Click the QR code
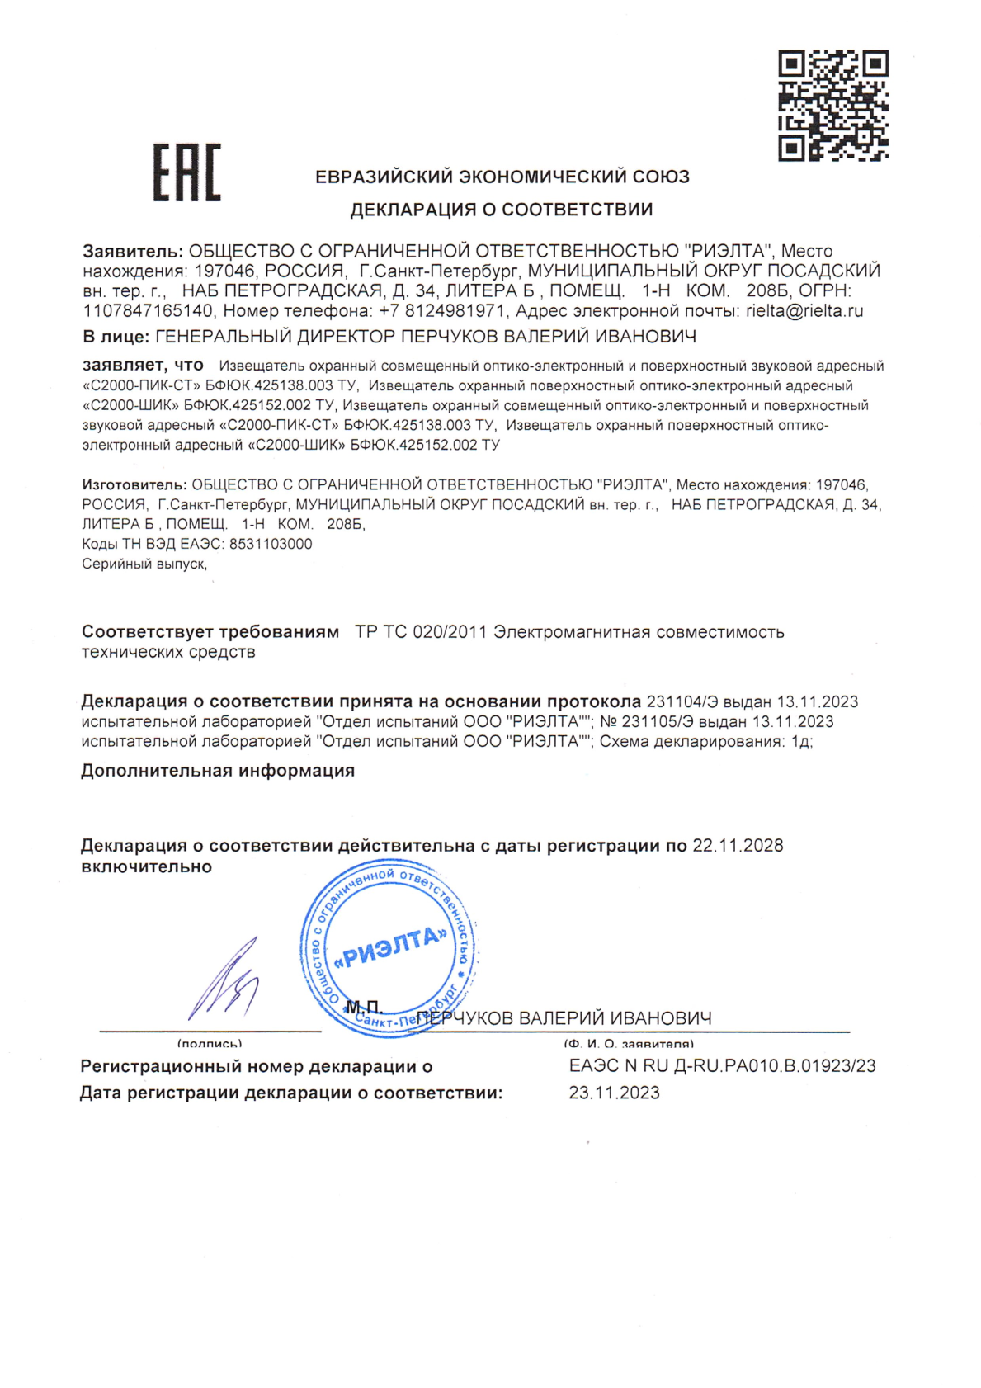point(833,105)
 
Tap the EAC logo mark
point(186,172)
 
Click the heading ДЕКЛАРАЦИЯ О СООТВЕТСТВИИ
point(501,210)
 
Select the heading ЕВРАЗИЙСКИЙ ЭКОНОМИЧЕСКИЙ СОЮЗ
point(502,177)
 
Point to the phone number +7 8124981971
point(441,311)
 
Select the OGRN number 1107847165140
point(148,311)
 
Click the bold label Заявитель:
point(132,251)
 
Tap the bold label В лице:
point(116,337)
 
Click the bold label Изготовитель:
point(134,484)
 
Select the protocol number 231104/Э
point(682,702)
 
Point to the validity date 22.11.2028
point(738,846)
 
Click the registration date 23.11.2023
point(614,1093)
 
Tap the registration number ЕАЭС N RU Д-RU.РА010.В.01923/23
point(722,1066)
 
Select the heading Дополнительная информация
point(218,771)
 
